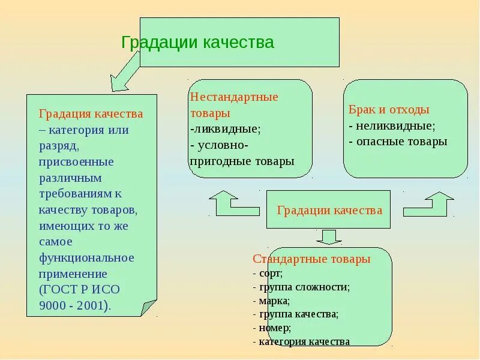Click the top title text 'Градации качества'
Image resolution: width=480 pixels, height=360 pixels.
[x=197, y=43]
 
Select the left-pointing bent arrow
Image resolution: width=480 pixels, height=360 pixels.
[x=232, y=204]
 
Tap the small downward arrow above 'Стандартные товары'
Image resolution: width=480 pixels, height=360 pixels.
[x=328, y=236]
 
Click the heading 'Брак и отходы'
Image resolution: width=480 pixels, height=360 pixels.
[x=389, y=110]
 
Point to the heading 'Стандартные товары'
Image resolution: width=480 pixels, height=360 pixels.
[x=311, y=259]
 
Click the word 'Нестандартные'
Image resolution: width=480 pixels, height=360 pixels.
[x=234, y=97]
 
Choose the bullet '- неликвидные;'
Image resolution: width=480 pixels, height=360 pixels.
[x=392, y=126]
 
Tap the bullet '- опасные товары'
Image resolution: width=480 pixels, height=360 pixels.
[x=398, y=142]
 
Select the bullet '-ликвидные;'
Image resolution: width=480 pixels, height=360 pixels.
[x=225, y=128]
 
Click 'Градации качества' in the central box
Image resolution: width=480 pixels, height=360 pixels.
[x=329, y=210]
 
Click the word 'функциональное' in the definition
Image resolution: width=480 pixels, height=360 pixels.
[x=86, y=257]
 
